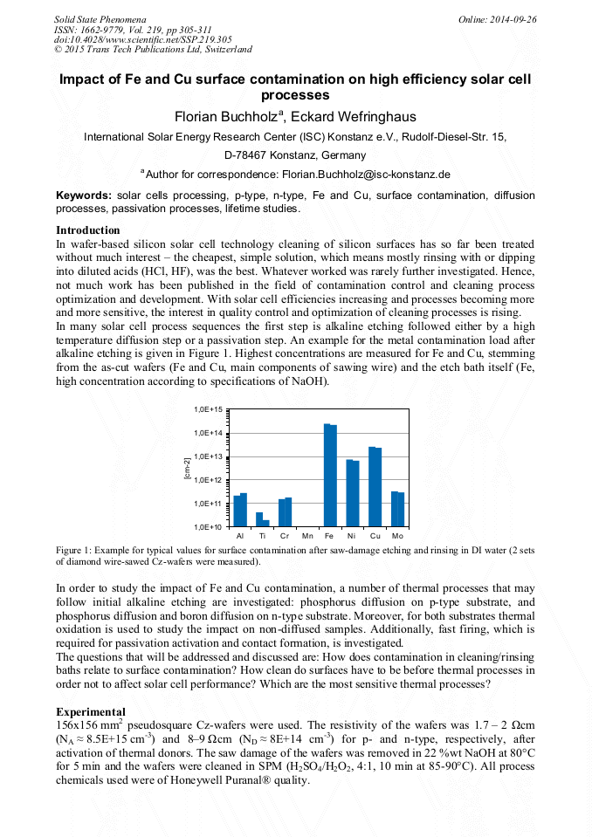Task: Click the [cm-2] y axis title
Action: (186, 468)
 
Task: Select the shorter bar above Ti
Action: (266, 523)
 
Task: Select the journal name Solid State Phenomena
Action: (100, 19)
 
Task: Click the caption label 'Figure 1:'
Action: (78, 551)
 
